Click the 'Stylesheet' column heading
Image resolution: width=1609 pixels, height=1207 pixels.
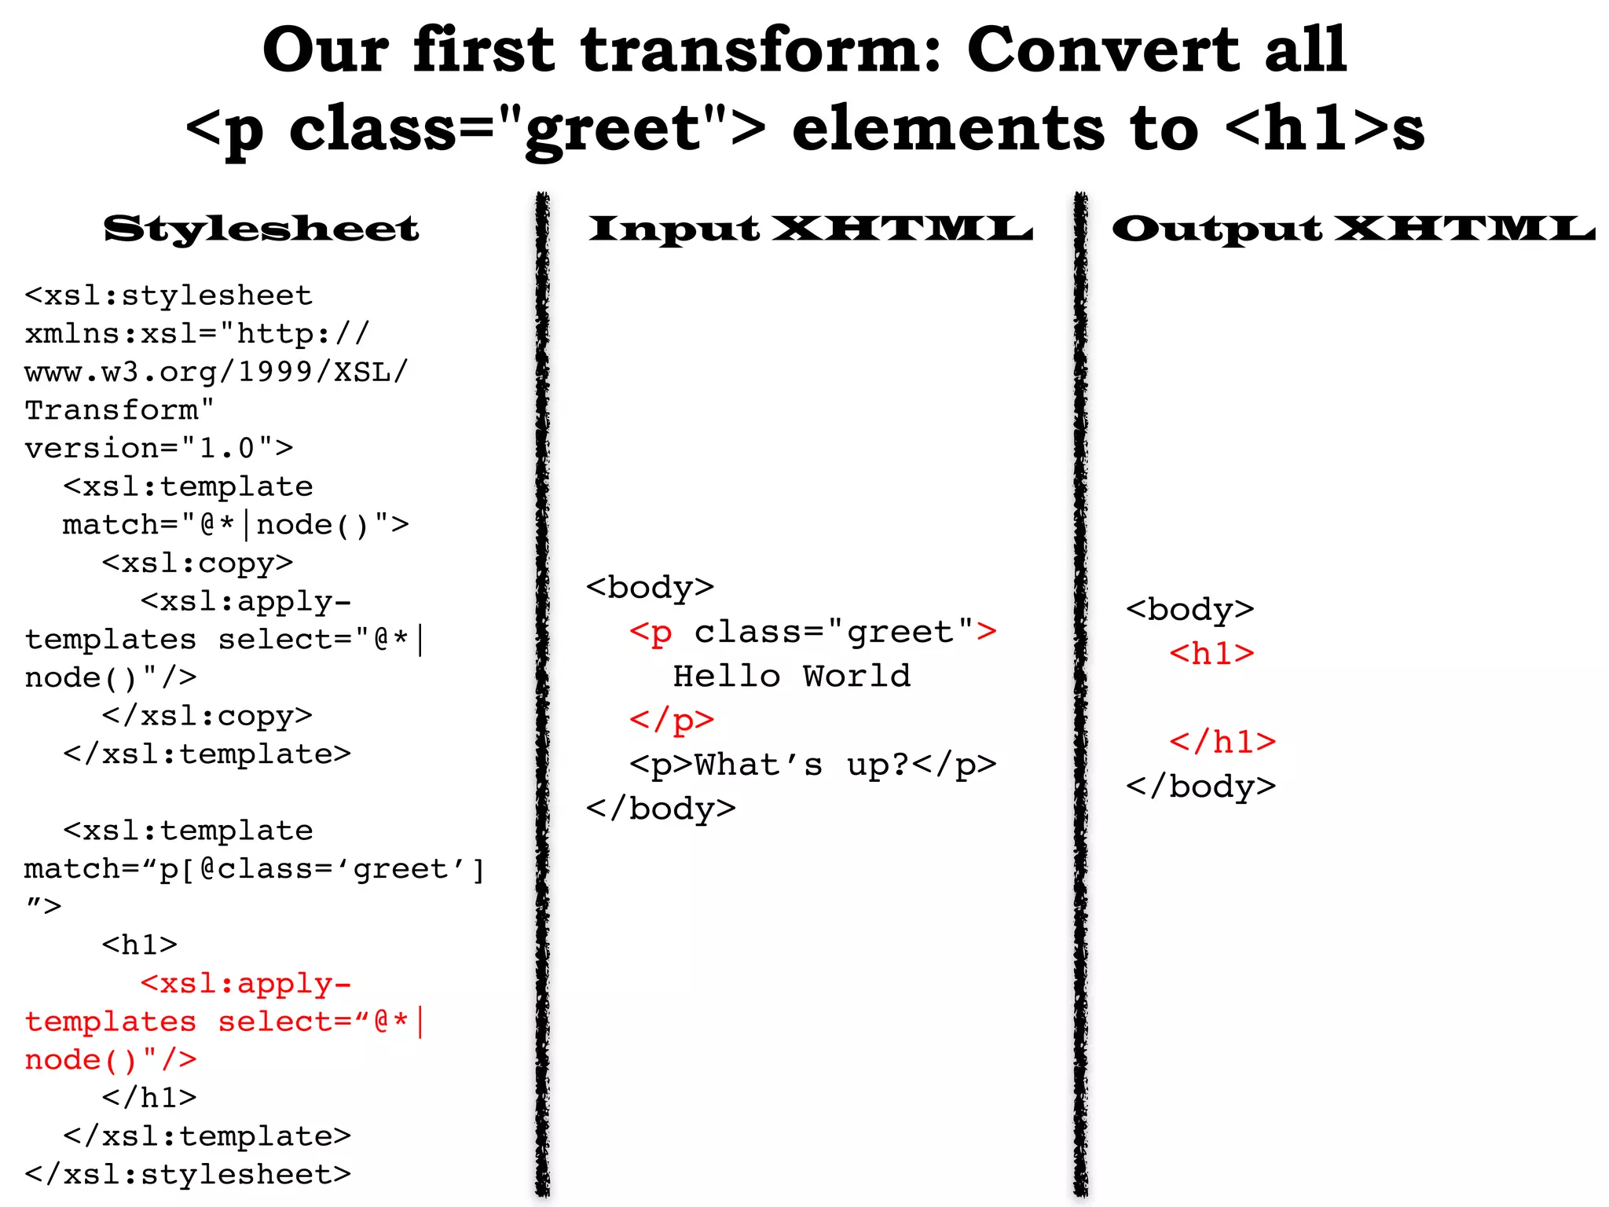(x=261, y=229)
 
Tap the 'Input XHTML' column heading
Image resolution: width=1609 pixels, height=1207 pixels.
(x=810, y=229)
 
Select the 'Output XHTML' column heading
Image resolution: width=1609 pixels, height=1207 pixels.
(x=1353, y=229)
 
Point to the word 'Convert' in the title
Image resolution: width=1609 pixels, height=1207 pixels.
(x=1102, y=50)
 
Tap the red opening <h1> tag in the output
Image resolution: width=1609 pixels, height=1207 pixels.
(x=1211, y=654)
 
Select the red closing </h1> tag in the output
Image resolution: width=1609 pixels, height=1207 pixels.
(x=1222, y=742)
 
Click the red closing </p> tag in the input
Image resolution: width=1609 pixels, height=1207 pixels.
(x=672, y=720)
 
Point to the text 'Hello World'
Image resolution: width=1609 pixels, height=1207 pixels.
(x=792, y=676)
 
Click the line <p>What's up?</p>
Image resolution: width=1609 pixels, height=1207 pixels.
(x=812, y=765)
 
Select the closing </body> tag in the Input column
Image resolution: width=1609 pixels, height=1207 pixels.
(x=661, y=809)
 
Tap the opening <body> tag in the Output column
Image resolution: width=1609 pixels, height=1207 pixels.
(x=1189, y=610)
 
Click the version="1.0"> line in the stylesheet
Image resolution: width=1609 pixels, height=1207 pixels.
(x=159, y=449)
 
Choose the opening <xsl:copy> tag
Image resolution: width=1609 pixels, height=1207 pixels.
(x=197, y=563)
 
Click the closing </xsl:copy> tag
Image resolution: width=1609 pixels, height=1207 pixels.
(x=207, y=716)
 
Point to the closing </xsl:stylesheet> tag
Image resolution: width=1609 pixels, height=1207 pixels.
(x=188, y=1174)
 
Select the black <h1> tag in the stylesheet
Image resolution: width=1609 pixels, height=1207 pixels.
(x=140, y=945)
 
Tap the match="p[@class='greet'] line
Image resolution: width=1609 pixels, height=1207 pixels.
(x=255, y=869)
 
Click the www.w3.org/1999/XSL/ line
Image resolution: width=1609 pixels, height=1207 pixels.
(x=216, y=372)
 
